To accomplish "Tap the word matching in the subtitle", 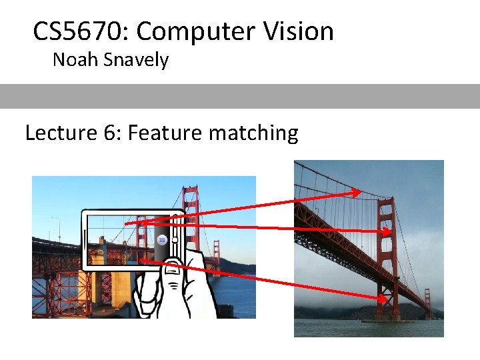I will point(253,133).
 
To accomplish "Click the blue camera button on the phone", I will point(161,239).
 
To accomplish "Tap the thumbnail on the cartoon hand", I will point(172,268).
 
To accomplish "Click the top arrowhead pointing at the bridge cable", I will point(357,193).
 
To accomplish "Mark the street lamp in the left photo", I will point(57,227).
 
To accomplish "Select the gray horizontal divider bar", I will point(240,96).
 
